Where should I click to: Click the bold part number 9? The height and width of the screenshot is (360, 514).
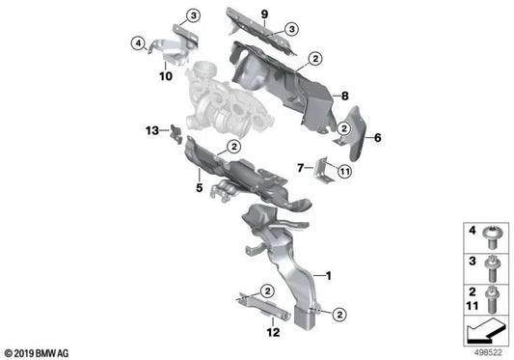[264, 14]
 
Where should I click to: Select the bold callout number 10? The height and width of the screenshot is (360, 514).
[166, 76]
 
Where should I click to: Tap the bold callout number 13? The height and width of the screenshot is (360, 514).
[152, 130]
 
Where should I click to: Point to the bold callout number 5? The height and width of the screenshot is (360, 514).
[200, 187]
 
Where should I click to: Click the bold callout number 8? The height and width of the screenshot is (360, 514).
[344, 96]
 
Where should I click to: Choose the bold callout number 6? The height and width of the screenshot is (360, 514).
[378, 137]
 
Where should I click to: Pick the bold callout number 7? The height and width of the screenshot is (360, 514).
[301, 168]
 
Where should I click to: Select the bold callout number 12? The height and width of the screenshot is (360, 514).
[273, 332]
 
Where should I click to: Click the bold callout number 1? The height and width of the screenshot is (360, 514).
[328, 276]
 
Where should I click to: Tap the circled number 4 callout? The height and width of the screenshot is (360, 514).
[138, 43]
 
